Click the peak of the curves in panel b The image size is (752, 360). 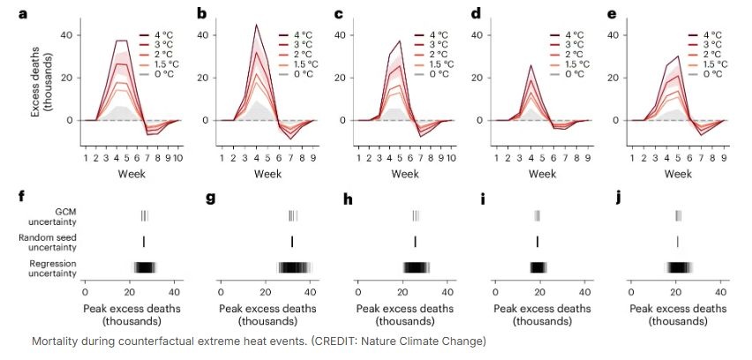point(256,26)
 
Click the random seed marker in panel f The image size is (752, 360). point(143,242)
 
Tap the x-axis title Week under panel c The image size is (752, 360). point(404,174)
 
